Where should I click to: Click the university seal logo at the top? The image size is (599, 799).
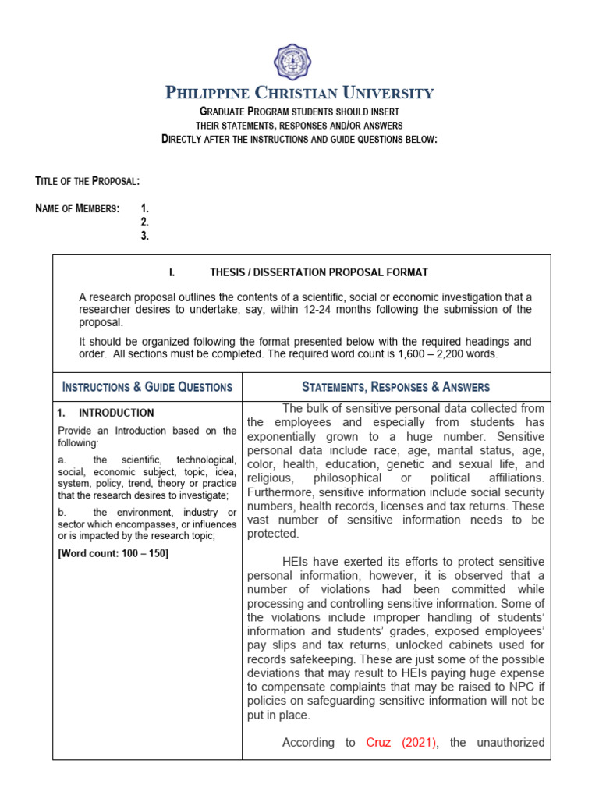pyautogui.click(x=299, y=61)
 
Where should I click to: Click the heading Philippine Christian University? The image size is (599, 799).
pyautogui.click(x=299, y=94)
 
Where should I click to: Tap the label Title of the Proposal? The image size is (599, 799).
pyautogui.click(x=87, y=181)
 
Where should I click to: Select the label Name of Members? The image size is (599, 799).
pyautogui.click(x=78, y=208)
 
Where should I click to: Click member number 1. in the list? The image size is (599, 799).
pyautogui.click(x=144, y=208)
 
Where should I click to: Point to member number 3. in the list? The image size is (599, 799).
pyautogui.click(x=144, y=236)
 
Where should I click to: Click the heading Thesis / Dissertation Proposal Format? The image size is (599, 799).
pyautogui.click(x=318, y=272)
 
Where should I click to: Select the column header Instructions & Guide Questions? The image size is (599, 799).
pyautogui.click(x=147, y=386)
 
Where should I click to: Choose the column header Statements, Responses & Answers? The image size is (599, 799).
pyautogui.click(x=395, y=386)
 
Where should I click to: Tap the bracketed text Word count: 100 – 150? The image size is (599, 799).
pyautogui.click(x=113, y=553)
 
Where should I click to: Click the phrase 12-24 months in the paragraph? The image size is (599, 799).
pyautogui.click(x=354, y=310)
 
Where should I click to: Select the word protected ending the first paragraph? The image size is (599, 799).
pyautogui.click(x=273, y=534)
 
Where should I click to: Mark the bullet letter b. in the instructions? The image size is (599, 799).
pyautogui.click(x=63, y=512)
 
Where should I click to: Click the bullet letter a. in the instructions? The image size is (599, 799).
pyautogui.click(x=63, y=460)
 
